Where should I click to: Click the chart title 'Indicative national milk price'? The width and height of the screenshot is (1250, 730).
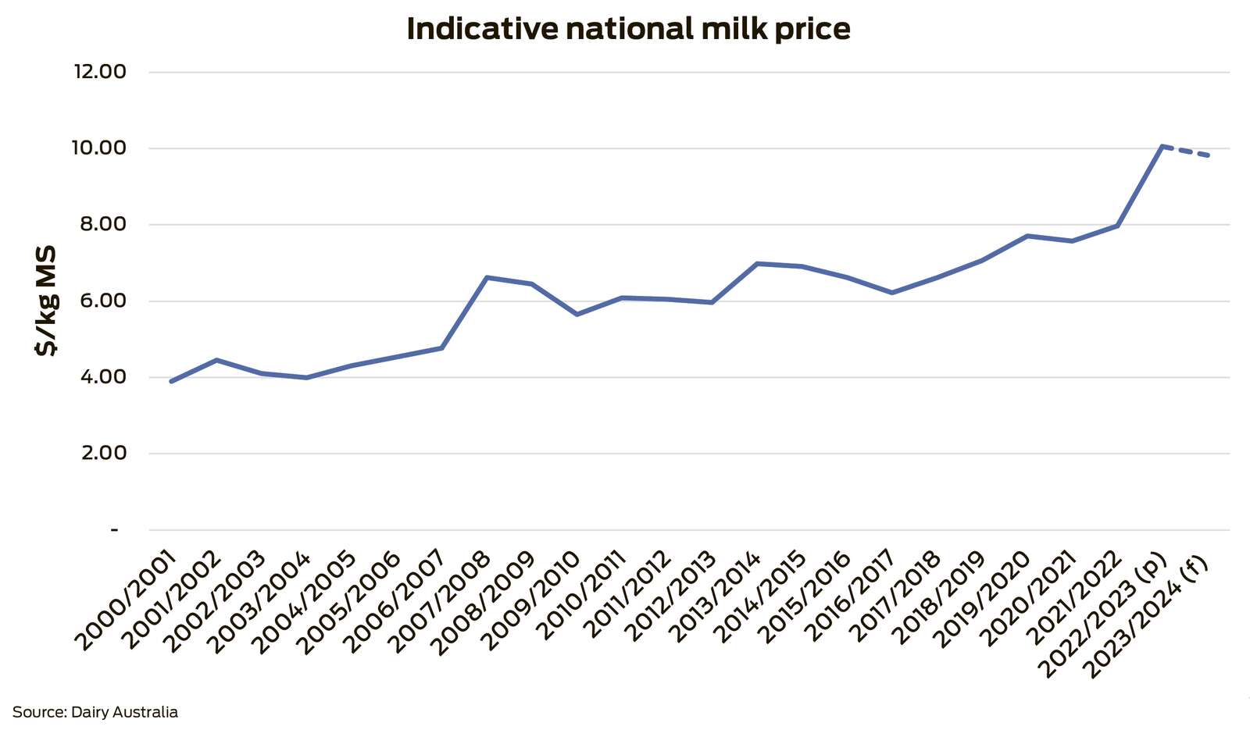click(628, 29)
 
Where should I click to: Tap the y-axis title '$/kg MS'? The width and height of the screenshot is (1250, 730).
click(46, 301)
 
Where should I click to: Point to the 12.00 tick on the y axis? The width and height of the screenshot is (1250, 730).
click(100, 72)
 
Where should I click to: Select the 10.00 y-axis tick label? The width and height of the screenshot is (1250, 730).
click(100, 148)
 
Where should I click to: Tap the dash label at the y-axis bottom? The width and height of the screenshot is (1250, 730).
click(115, 530)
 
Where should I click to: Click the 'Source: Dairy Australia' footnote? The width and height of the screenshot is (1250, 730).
click(95, 712)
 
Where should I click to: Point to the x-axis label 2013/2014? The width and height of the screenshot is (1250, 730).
click(716, 601)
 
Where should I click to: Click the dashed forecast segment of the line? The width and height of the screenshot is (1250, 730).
click(1186, 151)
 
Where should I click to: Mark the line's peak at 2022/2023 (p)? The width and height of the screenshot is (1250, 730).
click(1162, 146)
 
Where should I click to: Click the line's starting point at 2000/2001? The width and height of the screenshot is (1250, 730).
click(171, 381)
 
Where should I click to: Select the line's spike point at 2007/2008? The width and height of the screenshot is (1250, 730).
click(487, 277)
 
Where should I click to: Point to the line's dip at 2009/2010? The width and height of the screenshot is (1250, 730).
click(577, 315)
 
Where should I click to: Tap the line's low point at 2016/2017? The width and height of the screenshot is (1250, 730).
click(891, 293)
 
